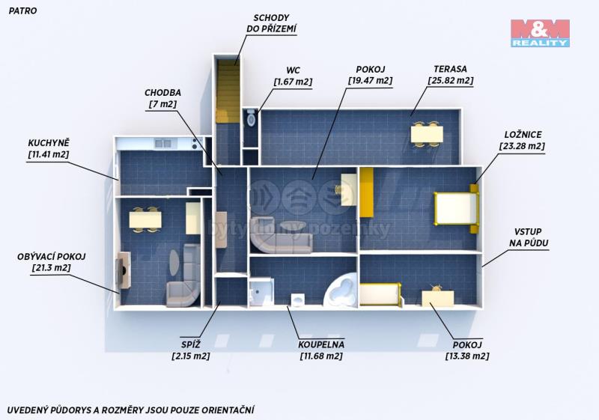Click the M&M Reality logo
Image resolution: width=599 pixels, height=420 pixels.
click(x=540, y=33)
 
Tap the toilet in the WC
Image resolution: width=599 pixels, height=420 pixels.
click(x=251, y=118)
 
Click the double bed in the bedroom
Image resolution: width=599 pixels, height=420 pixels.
click(x=456, y=208)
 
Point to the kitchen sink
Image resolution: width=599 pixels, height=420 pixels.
click(x=164, y=144)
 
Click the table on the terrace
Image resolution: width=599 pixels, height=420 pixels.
click(x=427, y=135)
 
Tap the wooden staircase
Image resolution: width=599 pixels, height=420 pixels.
click(x=227, y=91)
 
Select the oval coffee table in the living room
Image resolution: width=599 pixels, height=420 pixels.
click(x=173, y=262)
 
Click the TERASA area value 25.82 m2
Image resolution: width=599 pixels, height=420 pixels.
click(x=451, y=81)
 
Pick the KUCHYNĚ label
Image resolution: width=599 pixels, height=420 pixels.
click(x=49, y=143)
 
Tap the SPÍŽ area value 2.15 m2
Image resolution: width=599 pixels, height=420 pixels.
click(x=191, y=356)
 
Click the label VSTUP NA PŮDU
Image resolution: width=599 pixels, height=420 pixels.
click(x=529, y=237)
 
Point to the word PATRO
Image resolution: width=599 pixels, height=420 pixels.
click(x=22, y=10)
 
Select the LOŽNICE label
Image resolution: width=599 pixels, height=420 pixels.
click(x=523, y=135)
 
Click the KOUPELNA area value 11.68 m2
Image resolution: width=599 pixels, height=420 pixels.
click(x=321, y=356)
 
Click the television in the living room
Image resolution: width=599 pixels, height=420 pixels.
click(x=124, y=270)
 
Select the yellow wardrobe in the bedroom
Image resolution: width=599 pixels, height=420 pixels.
click(x=367, y=192)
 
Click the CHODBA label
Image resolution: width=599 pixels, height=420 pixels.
click(x=162, y=92)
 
